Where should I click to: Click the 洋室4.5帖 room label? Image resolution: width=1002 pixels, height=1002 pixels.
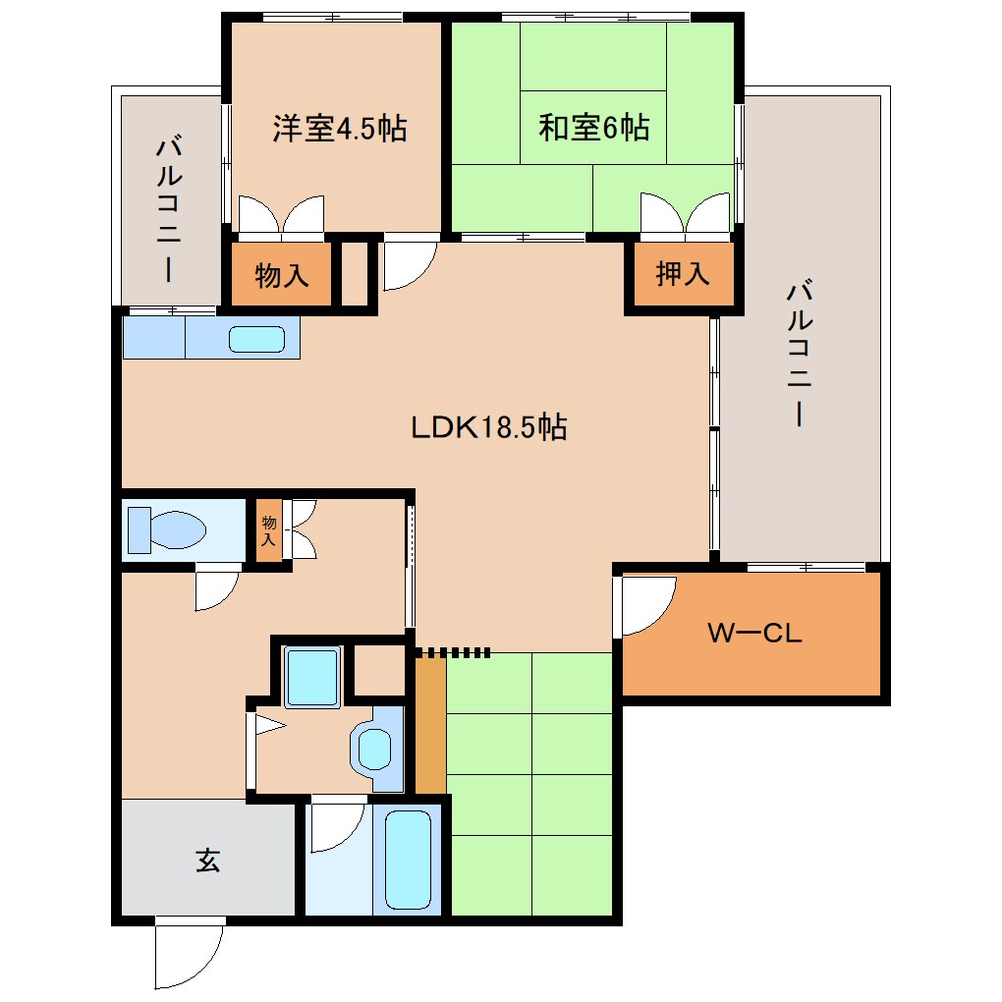(339, 129)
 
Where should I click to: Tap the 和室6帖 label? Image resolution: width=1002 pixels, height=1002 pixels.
(593, 129)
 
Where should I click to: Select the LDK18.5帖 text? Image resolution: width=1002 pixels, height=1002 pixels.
(488, 427)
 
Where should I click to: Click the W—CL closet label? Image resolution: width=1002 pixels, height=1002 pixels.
(754, 634)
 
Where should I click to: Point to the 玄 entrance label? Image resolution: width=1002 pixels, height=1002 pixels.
(207, 861)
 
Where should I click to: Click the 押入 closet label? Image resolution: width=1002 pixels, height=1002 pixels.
(682, 275)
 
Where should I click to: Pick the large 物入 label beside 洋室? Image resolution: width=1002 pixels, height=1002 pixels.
(282, 276)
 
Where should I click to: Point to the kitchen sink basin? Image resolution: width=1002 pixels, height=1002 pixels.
(256, 339)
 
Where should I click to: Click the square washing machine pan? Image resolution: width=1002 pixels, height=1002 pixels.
(312, 676)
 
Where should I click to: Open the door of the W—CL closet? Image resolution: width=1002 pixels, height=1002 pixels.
(646, 604)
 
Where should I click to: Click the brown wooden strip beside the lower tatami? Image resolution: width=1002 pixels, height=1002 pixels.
(429, 725)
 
